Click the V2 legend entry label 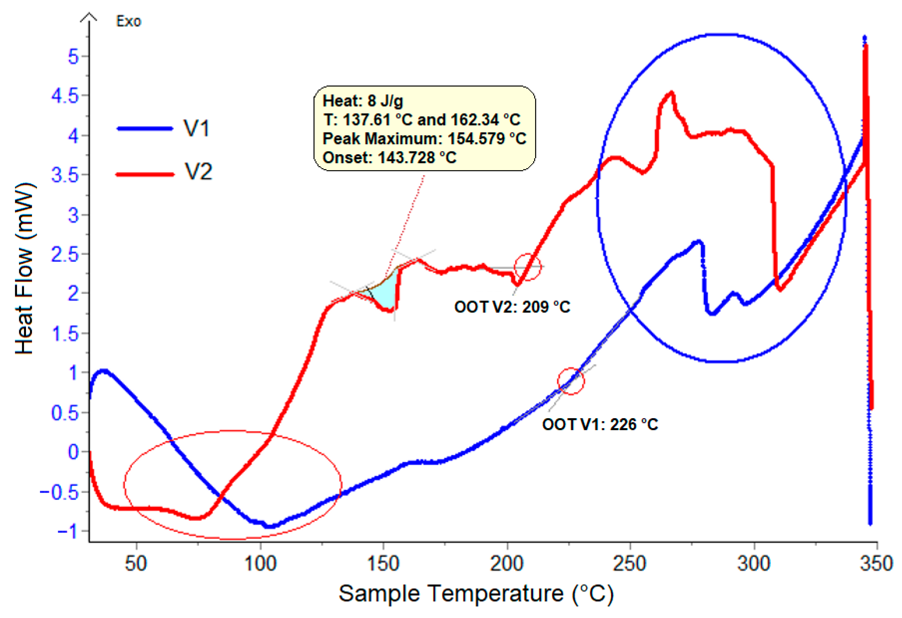(198, 171)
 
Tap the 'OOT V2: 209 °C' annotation (512, 307)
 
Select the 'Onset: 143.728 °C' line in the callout (389, 158)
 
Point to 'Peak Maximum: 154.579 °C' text (424, 138)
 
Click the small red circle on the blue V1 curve (571, 381)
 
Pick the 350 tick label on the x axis (876, 563)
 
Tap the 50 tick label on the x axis (136, 563)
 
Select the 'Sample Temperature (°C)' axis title (476, 593)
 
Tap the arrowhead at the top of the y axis (89, 17)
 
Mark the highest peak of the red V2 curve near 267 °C (671, 93)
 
